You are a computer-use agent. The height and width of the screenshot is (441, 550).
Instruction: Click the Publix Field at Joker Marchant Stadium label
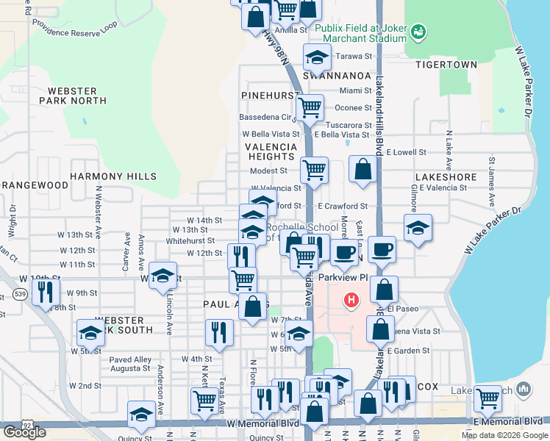pyautogui.click(x=360, y=33)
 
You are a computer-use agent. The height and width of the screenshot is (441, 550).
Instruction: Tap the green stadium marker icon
pyautogui.click(x=418, y=32)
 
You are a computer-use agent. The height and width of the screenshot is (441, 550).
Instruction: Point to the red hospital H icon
pyautogui.click(x=351, y=300)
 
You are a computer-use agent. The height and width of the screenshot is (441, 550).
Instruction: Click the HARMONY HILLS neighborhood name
pyautogui.click(x=113, y=176)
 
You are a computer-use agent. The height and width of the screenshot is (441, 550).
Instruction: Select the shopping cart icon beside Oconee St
pyautogui.click(x=310, y=108)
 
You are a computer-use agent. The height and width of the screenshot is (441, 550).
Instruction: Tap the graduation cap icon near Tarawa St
pyautogui.click(x=317, y=58)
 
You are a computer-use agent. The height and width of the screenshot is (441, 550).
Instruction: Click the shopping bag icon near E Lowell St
pyautogui.click(x=363, y=169)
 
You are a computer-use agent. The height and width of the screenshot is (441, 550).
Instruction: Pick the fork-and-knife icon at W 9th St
pyautogui.click(x=46, y=292)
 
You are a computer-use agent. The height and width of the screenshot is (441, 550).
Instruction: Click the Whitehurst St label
pyautogui.click(x=190, y=240)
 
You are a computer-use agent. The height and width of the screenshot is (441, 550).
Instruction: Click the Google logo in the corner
pyautogui.click(x=24, y=432)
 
